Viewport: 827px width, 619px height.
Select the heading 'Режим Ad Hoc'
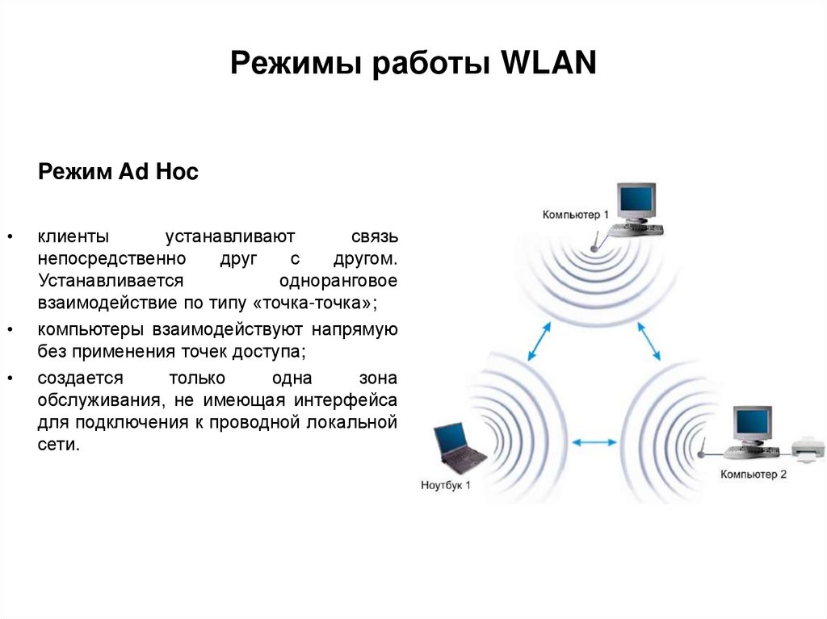(118, 172)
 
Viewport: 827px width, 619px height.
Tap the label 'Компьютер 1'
(576, 215)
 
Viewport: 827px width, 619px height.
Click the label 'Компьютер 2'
(754, 475)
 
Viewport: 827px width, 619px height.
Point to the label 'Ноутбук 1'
(445, 485)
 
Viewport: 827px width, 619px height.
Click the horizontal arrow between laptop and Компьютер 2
(594, 441)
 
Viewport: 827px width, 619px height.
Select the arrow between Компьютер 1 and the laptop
(539, 341)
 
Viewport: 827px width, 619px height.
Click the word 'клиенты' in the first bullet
(72, 237)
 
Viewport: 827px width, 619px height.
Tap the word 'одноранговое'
(338, 281)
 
